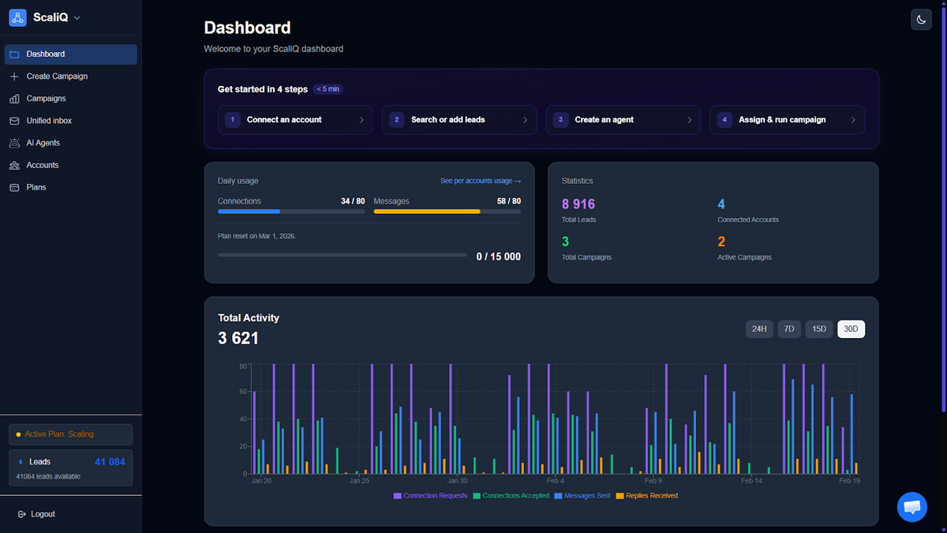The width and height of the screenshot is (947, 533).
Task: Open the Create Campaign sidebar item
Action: [57, 77]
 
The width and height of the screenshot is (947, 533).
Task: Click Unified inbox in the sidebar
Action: [49, 121]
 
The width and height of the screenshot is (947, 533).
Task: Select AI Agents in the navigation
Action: [43, 143]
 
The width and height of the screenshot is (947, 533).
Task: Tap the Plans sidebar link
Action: [36, 187]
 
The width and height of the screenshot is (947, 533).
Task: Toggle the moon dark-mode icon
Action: [921, 20]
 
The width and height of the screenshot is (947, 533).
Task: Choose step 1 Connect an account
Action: [295, 120]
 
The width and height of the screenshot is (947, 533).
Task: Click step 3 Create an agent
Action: [623, 120]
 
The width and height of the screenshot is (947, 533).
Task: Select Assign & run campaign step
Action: [787, 120]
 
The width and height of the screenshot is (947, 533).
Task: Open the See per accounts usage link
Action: [480, 181]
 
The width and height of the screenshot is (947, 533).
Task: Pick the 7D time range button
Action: [788, 328]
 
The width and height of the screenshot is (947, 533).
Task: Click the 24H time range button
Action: [759, 328]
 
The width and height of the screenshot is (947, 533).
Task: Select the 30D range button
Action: [851, 328]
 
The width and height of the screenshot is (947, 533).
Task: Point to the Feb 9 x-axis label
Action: [653, 481]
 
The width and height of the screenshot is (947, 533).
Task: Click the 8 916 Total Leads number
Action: [578, 205]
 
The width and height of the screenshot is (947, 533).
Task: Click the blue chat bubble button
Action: [912, 507]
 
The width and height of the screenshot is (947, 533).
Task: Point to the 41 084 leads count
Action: [110, 462]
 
